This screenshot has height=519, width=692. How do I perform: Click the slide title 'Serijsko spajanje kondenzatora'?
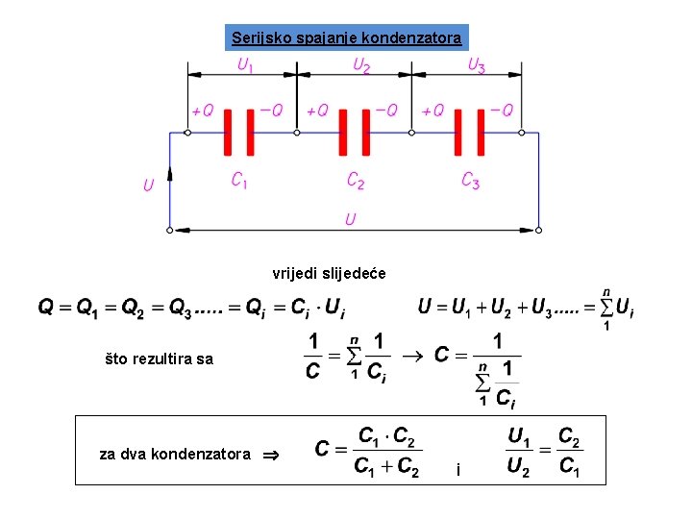(x=346, y=38)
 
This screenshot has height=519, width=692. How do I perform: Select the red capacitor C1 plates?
(x=239, y=132)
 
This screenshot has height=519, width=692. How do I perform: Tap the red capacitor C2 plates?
(x=354, y=132)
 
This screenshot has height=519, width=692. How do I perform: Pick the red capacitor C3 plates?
(x=469, y=132)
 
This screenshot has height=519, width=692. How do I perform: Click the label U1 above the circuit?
(x=246, y=65)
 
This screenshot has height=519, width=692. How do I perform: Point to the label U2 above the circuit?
(x=361, y=65)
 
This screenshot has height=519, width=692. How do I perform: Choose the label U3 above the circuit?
(x=476, y=65)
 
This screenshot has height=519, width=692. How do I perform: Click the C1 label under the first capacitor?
(x=239, y=180)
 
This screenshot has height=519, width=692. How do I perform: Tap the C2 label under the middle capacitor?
(x=355, y=180)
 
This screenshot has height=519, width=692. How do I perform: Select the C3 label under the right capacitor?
(x=470, y=180)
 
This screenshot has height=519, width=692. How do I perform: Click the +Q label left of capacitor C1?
(x=202, y=111)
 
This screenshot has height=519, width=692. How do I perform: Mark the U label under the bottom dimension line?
(x=351, y=220)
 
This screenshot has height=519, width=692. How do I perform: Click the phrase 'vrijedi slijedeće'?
(x=329, y=274)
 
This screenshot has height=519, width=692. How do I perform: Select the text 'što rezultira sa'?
(x=160, y=359)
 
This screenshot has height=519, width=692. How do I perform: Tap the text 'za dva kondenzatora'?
(x=175, y=454)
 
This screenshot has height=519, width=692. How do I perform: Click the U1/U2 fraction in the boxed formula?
(x=518, y=453)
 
